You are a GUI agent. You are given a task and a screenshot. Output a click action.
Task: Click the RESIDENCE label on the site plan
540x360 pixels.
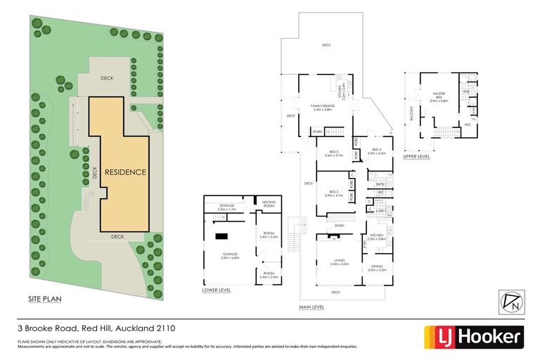[x=126, y=172]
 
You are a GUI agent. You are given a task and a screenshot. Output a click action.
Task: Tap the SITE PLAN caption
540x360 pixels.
[x=45, y=300]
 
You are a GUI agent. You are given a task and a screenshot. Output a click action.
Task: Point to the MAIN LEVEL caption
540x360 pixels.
[x=311, y=307]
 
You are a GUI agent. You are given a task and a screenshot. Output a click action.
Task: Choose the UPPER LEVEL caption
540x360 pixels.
[x=416, y=157]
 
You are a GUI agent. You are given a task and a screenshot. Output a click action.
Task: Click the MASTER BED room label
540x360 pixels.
[x=439, y=95]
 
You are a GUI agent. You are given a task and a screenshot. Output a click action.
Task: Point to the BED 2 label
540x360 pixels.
[x=334, y=193]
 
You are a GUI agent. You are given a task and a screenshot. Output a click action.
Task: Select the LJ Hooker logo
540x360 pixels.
[x=472, y=337]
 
